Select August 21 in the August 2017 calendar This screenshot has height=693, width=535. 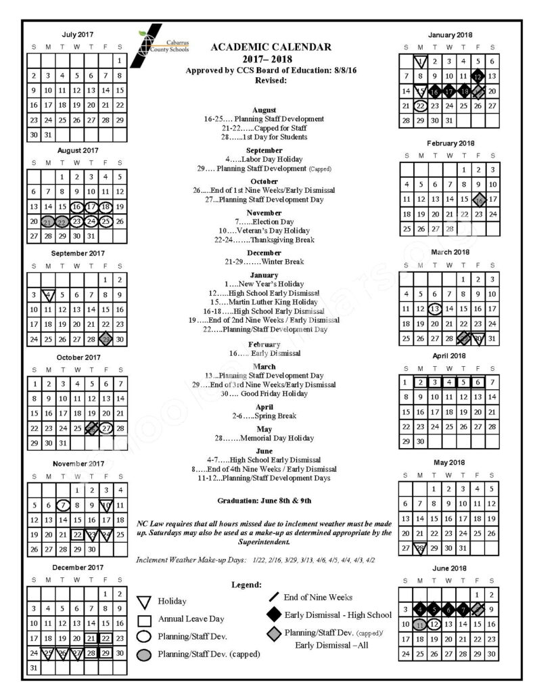point(47,221)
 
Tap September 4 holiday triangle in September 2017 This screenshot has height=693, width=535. point(47,295)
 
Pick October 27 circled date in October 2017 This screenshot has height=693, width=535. point(106,428)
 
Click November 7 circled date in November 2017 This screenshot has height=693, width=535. point(62,504)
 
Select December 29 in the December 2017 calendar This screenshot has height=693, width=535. point(106,653)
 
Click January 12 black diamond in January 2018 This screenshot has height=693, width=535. point(478,76)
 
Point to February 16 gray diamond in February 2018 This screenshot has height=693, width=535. point(478,199)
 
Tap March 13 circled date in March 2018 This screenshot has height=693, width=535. point(435,309)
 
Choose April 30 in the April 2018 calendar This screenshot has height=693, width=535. point(420,441)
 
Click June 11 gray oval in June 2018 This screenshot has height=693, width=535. point(420,623)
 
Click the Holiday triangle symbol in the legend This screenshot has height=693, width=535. point(143,601)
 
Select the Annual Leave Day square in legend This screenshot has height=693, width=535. point(143,619)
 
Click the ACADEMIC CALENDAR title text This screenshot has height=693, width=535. point(271,47)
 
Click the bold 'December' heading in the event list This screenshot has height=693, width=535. point(269,252)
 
